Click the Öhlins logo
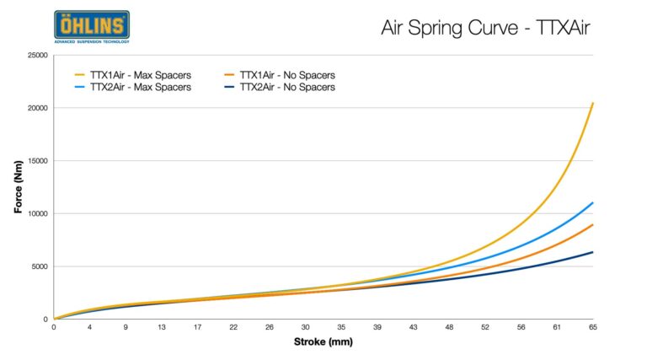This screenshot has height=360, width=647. pyautogui.click(x=92, y=27)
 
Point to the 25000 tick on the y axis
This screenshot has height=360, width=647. pyautogui.click(x=35, y=56)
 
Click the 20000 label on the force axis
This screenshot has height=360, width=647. pyautogui.click(x=35, y=109)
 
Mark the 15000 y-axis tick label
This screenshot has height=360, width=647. pyautogui.click(x=35, y=161)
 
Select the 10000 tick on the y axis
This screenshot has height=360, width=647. pyautogui.click(x=35, y=214)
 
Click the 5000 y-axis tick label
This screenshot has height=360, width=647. pyautogui.click(x=38, y=266)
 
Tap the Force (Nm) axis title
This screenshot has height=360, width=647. pyautogui.click(x=18, y=187)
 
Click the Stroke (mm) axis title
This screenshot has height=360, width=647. pyautogui.click(x=323, y=342)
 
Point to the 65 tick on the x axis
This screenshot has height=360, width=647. pyautogui.click(x=592, y=327)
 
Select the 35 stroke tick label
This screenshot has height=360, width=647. pyautogui.click(x=341, y=327)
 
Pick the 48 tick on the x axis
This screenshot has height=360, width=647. pyautogui.click(x=449, y=327)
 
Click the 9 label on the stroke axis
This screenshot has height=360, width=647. pyautogui.click(x=126, y=327)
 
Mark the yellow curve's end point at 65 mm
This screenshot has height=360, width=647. pyautogui.click(x=593, y=104)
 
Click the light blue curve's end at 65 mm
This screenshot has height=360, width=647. pyautogui.click(x=593, y=203)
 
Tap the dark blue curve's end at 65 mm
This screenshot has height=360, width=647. pyautogui.click(x=593, y=252)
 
